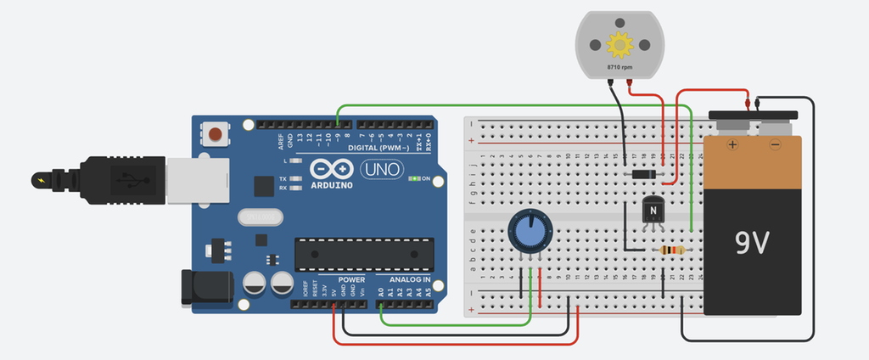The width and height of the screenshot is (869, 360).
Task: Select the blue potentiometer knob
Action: [x=530, y=231]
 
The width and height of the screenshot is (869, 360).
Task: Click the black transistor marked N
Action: [x=652, y=210]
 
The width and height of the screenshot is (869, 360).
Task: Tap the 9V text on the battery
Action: [x=753, y=244]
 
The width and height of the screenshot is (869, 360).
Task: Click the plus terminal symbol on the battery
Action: [x=732, y=146]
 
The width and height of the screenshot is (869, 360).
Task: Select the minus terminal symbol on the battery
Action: [x=774, y=146]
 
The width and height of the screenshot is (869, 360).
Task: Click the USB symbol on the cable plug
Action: [x=129, y=180]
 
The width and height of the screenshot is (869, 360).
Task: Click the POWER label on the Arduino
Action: [x=351, y=279]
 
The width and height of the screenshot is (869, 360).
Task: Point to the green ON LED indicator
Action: [x=415, y=179]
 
